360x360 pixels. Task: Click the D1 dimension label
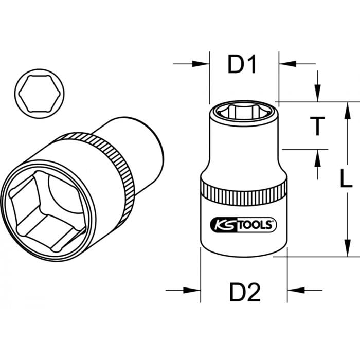(x=242, y=65)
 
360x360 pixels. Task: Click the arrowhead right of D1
(x=286, y=64)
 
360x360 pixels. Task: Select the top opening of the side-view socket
(x=244, y=111)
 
